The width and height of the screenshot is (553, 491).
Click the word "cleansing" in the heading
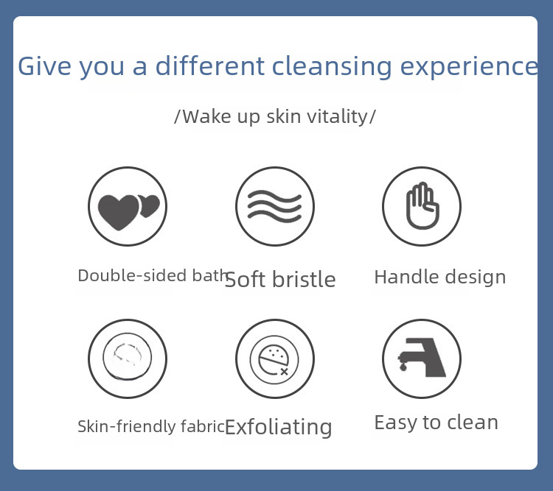click(332, 67)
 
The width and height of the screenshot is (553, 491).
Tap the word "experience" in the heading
click(469, 67)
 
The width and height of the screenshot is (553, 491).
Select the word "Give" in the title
click(44, 66)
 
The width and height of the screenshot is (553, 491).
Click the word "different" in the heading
click(210, 66)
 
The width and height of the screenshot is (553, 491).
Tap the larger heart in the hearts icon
click(119, 213)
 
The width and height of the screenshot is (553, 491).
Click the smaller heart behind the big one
click(150, 205)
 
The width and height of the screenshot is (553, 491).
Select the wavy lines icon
click(275, 206)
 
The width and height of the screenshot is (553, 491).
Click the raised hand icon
click(422, 206)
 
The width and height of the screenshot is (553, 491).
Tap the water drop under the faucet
click(403, 367)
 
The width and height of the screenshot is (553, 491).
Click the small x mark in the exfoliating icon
click(285, 371)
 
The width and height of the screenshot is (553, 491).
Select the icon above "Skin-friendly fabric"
click(128, 358)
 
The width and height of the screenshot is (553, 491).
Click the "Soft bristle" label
click(280, 280)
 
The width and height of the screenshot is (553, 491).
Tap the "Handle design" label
click(440, 278)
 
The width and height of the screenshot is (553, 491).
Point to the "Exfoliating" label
click(278, 427)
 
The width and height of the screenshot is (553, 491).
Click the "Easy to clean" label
click(437, 423)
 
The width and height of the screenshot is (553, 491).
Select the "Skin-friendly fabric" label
click(151, 426)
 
